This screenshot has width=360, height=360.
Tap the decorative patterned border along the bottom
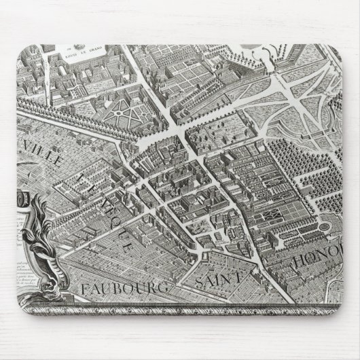[180, 307]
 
